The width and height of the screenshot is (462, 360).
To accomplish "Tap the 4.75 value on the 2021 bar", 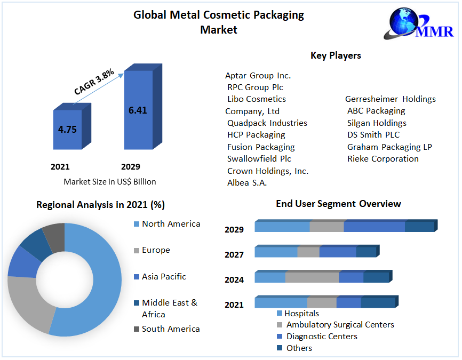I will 67,129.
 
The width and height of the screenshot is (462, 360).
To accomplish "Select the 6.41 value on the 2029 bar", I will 138,110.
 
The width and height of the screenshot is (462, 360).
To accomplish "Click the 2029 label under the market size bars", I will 131,166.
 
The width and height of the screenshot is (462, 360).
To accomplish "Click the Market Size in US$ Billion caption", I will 110,182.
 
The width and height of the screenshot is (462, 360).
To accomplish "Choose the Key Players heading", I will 336,55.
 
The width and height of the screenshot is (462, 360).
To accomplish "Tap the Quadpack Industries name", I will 267,123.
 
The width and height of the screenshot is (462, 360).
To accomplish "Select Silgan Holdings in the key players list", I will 377,123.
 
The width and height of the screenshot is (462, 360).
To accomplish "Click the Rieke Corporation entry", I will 383,159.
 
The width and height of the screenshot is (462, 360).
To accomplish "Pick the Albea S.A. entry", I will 247,183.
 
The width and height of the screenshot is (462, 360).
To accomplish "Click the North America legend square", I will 137,224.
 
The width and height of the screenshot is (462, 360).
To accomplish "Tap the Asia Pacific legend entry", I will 164,276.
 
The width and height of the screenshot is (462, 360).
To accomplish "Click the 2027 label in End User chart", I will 234,255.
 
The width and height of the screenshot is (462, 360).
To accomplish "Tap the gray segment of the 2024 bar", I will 312,277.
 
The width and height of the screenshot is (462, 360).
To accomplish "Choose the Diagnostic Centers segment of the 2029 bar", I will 374,227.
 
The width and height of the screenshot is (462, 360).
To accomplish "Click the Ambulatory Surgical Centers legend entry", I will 340,325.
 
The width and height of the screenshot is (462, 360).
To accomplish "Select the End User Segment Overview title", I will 338,204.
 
